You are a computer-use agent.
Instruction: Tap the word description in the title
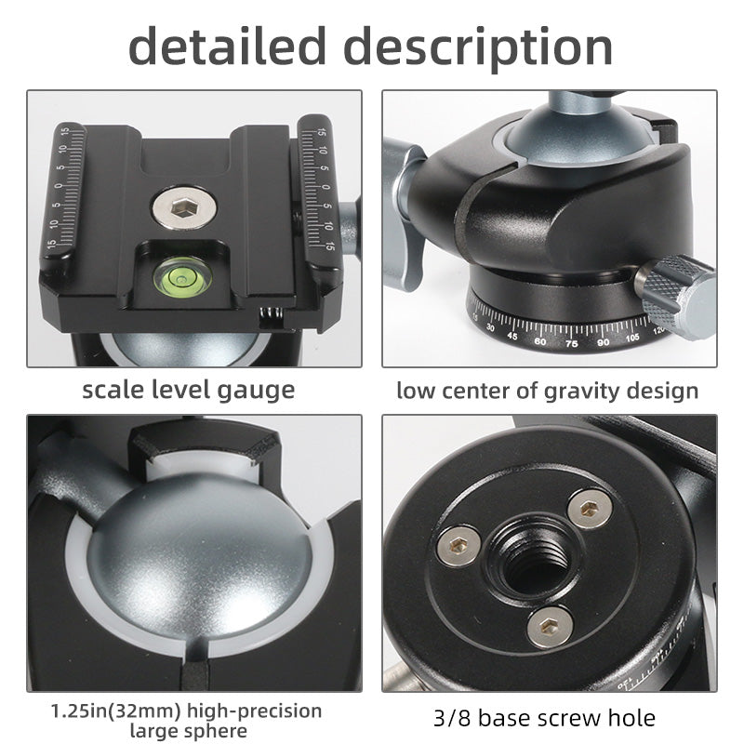481,46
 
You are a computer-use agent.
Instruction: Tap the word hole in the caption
630,717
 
